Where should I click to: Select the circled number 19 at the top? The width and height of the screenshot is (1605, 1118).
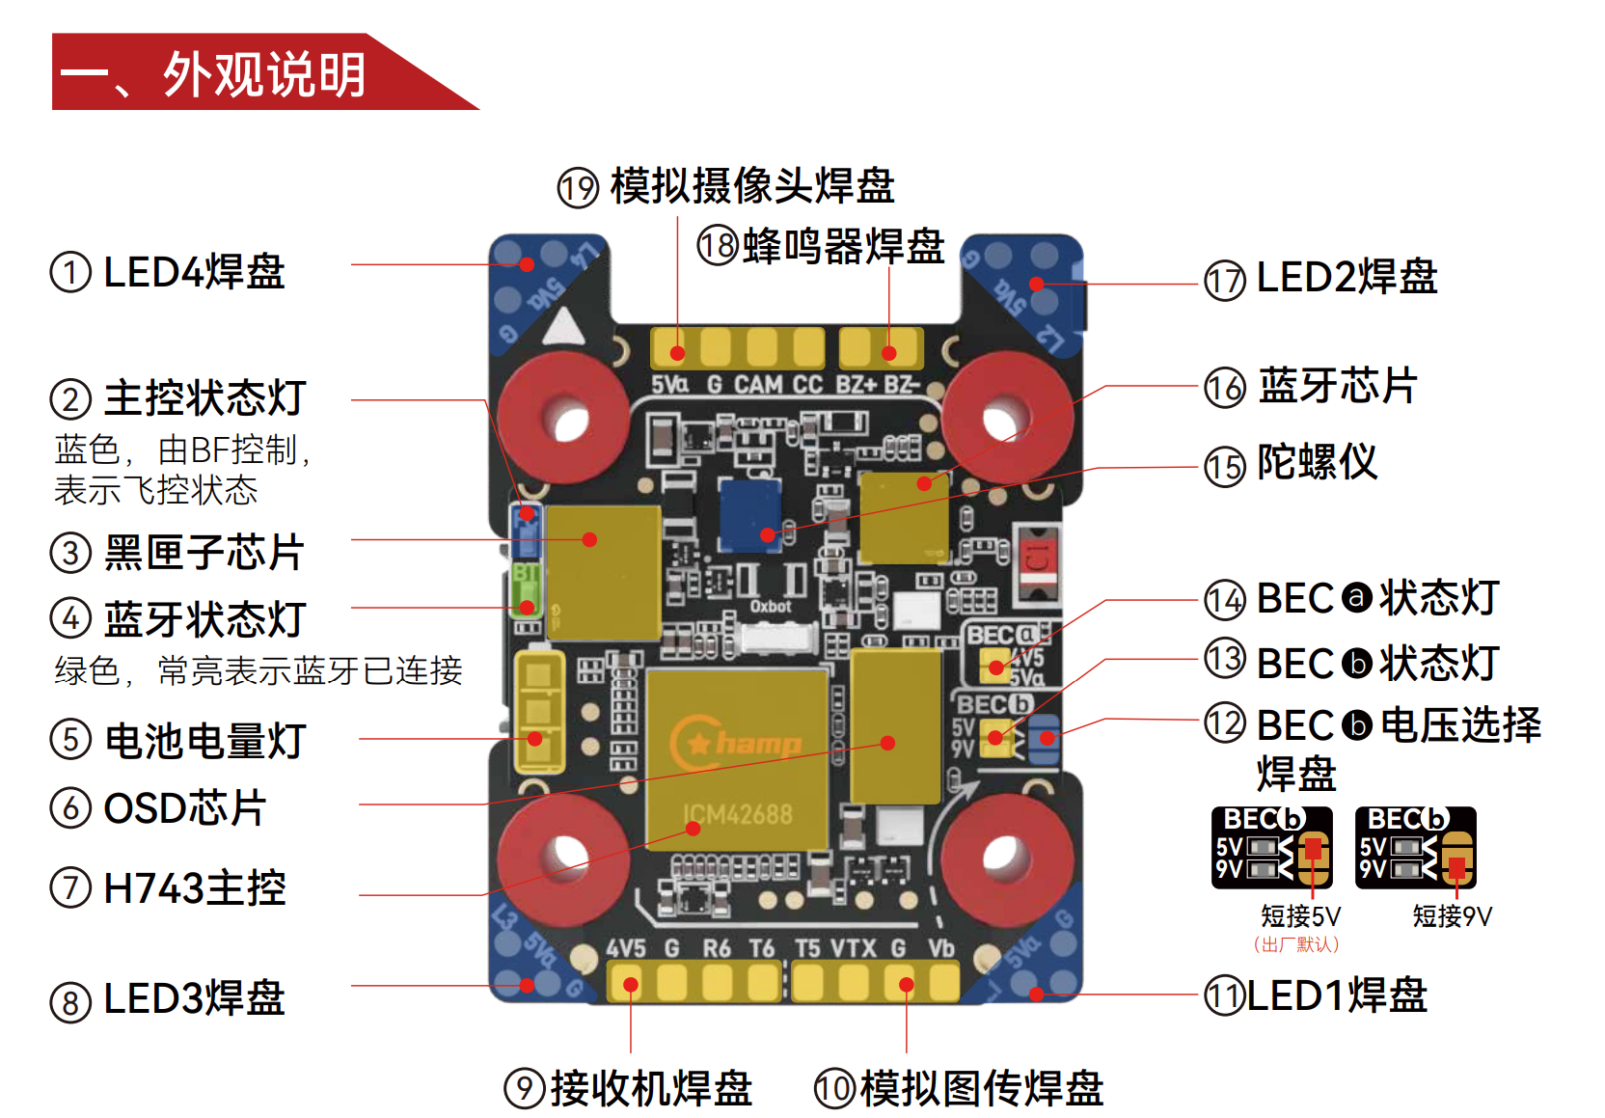(x=578, y=187)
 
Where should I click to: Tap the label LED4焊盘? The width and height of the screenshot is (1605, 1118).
(x=194, y=272)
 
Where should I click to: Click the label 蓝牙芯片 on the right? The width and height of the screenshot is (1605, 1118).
(x=1337, y=386)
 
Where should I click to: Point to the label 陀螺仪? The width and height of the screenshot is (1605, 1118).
(x=1317, y=463)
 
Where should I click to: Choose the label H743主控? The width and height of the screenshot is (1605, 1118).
(x=194, y=888)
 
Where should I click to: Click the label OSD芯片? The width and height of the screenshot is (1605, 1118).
(x=184, y=808)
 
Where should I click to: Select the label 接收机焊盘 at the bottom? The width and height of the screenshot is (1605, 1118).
(x=651, y=1088)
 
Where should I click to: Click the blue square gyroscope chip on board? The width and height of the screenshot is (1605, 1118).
(x=750, y=513)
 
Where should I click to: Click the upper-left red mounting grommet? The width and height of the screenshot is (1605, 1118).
(x=563, y=418)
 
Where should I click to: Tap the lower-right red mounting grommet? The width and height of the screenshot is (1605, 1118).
(x=1006, y=856)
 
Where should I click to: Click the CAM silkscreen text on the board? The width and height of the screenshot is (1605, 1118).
(x=758, y=385)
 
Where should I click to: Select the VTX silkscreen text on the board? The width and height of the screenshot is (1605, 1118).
(x=853, y=949)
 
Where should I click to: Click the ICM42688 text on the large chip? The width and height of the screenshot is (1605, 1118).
(x=738, y=815)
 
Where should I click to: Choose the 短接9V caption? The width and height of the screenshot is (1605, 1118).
(x=1452, y=916)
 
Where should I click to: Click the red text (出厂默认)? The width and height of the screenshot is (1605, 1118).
(x=1296, y=944)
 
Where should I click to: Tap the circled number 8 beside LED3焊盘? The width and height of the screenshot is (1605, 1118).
(x=70, y=1002)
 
